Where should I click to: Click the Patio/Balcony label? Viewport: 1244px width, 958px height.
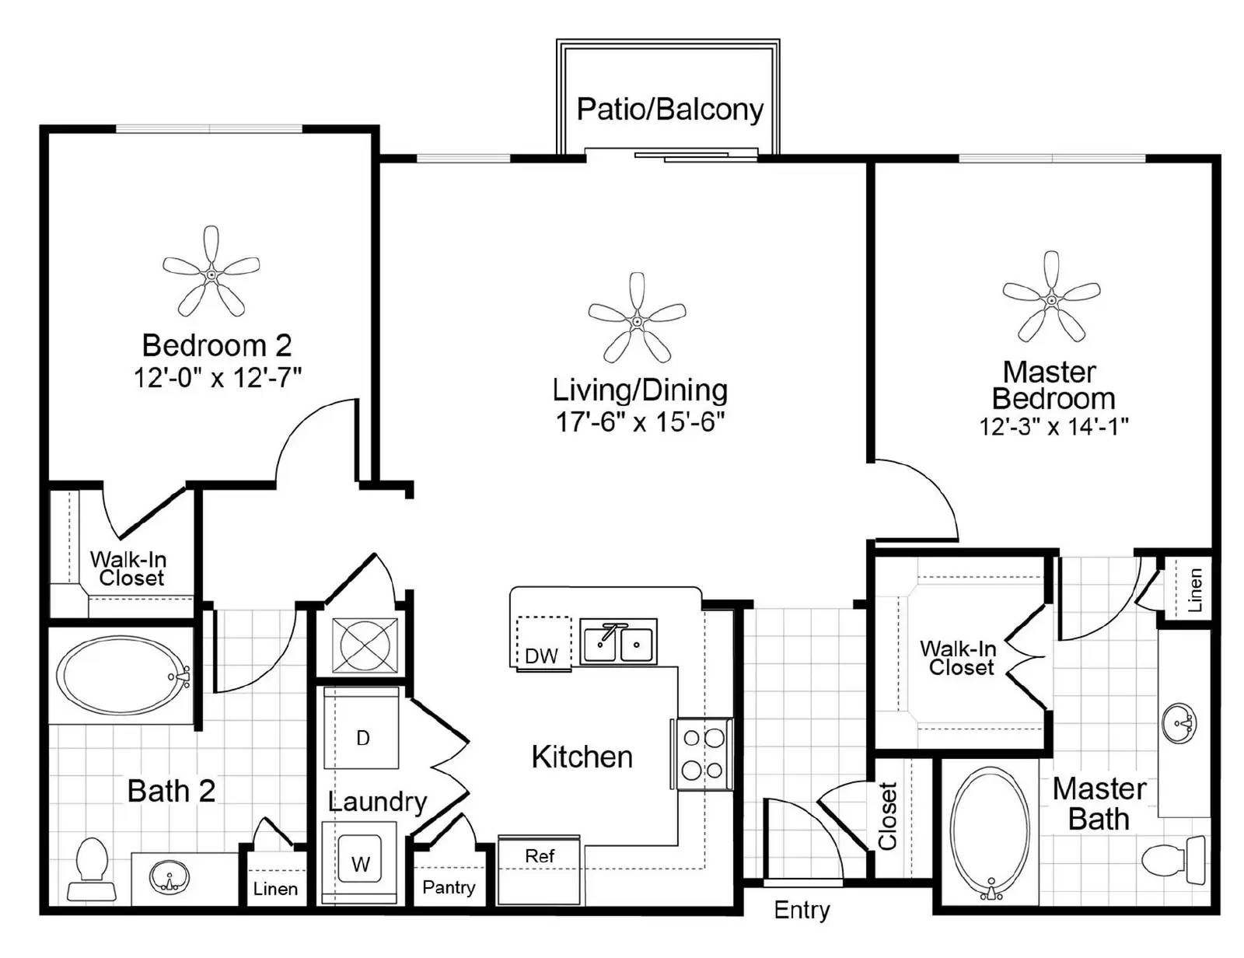[669, 110]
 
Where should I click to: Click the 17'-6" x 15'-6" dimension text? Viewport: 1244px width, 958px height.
[640, 422]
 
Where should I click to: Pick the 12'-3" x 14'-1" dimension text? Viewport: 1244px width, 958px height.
[1054, 426]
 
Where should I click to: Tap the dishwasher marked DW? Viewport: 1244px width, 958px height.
[543, 642]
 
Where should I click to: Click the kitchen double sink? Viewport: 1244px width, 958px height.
[618, 642]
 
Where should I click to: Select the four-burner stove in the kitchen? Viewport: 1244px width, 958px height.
[702, 754]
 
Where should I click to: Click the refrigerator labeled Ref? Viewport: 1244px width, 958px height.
[540, 870]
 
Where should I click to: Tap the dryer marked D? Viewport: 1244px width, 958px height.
[362, 728]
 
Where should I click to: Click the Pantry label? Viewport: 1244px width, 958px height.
[449, 887]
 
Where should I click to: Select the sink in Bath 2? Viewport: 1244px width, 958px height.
[169, 876]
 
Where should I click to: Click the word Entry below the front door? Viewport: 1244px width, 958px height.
[802, 911]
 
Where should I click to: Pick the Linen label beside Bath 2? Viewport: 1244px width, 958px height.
[275, 889]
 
